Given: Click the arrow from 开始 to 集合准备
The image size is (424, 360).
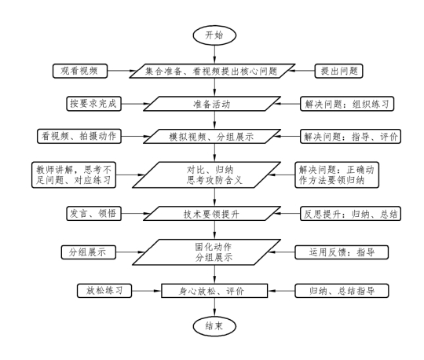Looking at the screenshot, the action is coord(214,54).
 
